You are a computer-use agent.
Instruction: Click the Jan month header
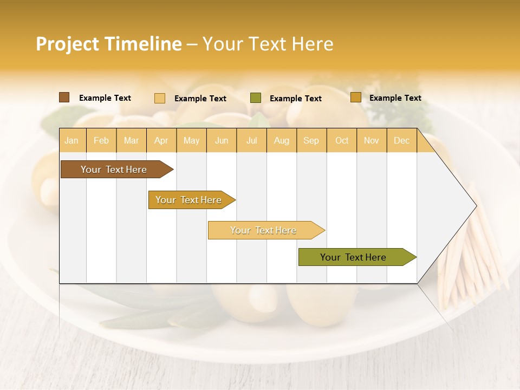pos(71,140)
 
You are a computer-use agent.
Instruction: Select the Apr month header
pos(161,140)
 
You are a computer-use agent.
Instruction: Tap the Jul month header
pos(251,140)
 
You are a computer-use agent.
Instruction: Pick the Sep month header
pos(311,140)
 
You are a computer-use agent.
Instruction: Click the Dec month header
pos(401,140)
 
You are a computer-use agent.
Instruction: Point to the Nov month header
pos(371,140)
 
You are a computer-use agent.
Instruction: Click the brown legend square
pos(64,97)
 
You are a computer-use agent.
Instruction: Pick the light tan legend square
pos(159,98)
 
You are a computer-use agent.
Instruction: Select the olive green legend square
pos(256,98)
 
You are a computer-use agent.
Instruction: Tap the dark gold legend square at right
pos(355,97)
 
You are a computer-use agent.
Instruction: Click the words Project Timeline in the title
pos(108,44)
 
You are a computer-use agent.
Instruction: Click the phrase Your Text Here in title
pos(268,44)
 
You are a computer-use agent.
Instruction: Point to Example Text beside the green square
pos(295,99)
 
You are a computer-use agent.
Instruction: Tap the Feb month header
pos(101,140)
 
